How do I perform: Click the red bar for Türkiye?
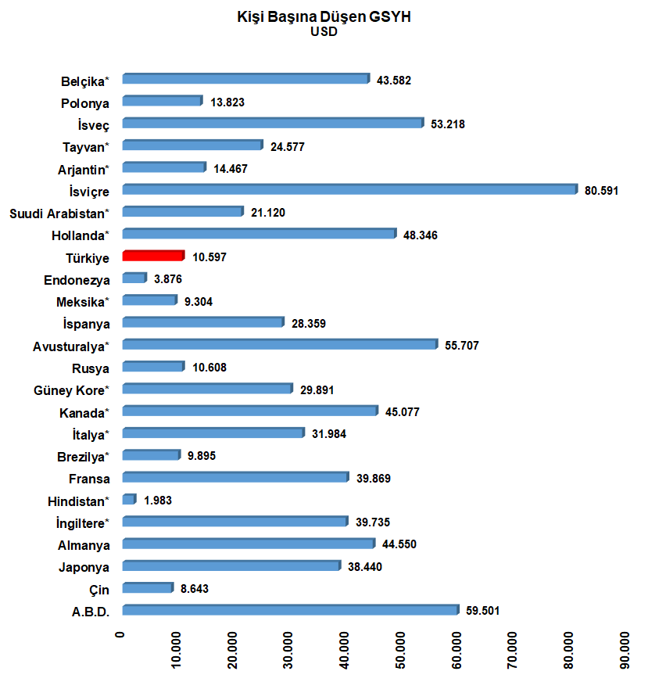(153, 255)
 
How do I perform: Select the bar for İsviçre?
(350, 189)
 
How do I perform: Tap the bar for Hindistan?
(130, 499)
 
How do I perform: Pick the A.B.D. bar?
(291, 610)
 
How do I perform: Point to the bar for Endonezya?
(134, 278)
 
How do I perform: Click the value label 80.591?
(601, 191)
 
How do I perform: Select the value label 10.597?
(209, 257)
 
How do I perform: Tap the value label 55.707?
(461, 346)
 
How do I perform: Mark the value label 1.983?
(158, 501)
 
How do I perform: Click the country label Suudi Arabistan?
(59, 214)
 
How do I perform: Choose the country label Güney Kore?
(71, 390)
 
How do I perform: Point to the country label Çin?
(98, 591)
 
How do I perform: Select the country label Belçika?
(84, 81)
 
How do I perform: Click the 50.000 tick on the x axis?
(400, 650)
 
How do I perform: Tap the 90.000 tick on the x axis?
(625, 650)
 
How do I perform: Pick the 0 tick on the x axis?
(120, 635)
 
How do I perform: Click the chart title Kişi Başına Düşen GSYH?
(324, 16)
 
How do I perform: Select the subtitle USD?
(324, 32)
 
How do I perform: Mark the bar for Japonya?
(232, 565)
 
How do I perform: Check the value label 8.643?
(194, 589)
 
